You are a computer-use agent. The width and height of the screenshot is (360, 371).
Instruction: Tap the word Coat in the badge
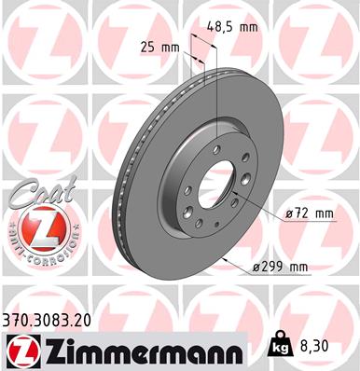[37, 196]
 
